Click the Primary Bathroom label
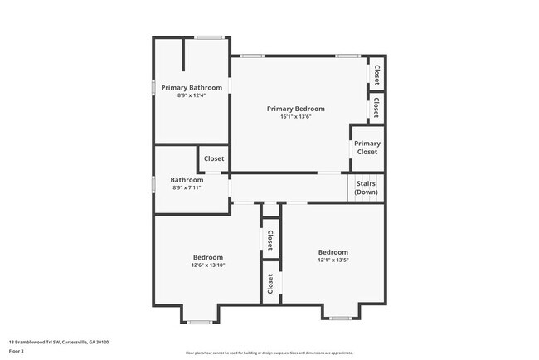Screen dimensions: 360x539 (x=192, y=87)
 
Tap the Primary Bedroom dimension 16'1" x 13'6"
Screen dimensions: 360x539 (x=295, y=117)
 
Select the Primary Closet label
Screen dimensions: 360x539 (x=367, y=148)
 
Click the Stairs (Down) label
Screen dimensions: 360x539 (x=366, y=187)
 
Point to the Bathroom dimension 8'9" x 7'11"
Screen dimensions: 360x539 (x=187, y=187)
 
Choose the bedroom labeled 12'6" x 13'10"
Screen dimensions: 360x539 (x=208, y=261)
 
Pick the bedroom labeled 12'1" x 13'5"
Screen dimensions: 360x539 (x=333, y=256)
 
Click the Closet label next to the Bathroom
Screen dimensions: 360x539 (x=214, y=158)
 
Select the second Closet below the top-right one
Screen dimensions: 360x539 (x=376, y=106)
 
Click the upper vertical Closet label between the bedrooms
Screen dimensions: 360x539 (x=270, y=240)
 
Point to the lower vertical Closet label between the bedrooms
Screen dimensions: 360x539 (x=270, y=283)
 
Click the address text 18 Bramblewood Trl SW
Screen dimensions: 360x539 (x=59, y=342)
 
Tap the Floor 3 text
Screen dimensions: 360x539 (x=17, y=351)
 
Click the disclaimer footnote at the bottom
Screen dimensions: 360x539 (x=269, y=353)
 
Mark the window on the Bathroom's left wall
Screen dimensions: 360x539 (x=153, y=184)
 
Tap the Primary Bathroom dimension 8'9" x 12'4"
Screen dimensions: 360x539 (x=192, y=95)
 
